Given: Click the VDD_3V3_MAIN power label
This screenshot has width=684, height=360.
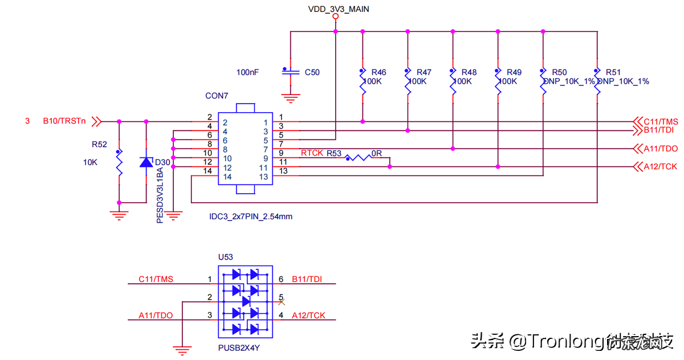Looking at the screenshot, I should click(x=335, y=9).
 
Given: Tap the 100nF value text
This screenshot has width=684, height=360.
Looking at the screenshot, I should click(x=247, y=72).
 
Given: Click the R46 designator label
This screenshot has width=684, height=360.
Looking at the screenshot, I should click(x=378, y=72).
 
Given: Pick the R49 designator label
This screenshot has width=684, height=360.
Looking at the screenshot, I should click(x=514, y=72).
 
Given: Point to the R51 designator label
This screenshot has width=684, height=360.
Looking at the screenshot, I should click(x=613, y=72).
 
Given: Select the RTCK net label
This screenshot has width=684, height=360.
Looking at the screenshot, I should click(x=312, y=153).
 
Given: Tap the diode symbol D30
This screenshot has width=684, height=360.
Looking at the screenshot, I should click(x=146, y=162).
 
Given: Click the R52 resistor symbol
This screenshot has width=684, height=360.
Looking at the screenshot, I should click(x=119, y=162).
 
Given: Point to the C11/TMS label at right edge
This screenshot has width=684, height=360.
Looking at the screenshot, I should click(x=661, y=121).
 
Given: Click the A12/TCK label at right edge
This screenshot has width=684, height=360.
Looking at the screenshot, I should click(x=660, y=166).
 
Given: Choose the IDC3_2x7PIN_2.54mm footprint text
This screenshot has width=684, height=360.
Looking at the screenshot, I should click(x=251, y=216).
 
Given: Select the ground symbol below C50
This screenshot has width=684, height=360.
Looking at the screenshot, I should click(x=291, y=99).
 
